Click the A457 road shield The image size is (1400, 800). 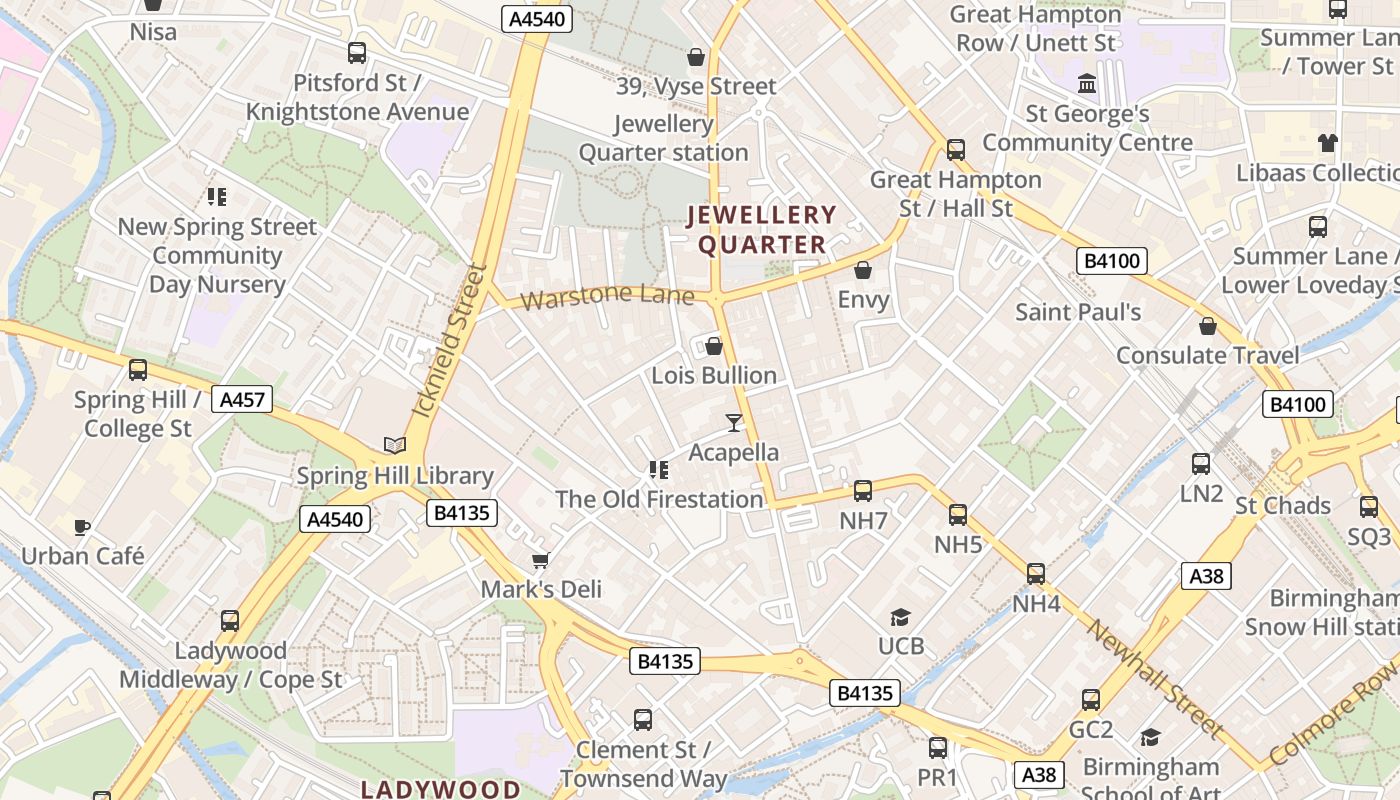pos(242,400)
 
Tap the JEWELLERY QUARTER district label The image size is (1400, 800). pos(762,229)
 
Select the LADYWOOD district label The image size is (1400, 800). pos(440,789)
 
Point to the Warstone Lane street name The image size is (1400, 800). pos(607,296)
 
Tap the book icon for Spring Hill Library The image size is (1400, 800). pos(395,445)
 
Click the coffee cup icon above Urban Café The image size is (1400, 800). pos(82,526)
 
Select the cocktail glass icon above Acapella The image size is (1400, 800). pos(734,422)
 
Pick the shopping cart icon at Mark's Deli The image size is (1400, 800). pos(541,560)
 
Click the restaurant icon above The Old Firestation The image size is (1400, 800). pos(658,469)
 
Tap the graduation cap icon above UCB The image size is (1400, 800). pos(901,617)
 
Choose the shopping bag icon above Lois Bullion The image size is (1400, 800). pos(714,346)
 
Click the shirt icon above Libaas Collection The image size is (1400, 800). pos(1327,143)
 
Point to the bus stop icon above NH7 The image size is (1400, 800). pos(862,490)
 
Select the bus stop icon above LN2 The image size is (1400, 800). pos(1201,464)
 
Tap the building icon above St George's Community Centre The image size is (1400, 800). pos(1086,83)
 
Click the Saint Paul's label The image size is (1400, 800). pos(1078,311)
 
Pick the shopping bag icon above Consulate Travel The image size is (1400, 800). pos(1208,326)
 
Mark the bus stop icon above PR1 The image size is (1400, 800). pos(938,747)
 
